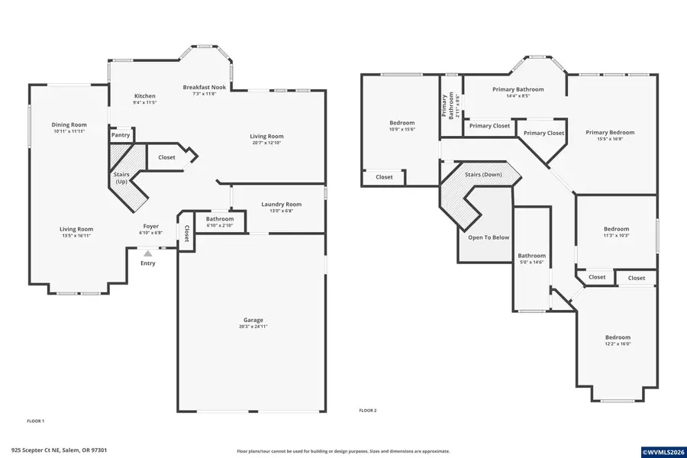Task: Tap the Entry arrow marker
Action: coord(147,253)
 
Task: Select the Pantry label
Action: coord(121,135)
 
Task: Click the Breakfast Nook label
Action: coord(204,88)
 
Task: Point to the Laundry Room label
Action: coord(281,204)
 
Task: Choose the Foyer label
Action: coord(150,227)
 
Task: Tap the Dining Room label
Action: coord(69,124)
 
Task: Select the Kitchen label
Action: coord(144,96)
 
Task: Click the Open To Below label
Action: coord(488,237)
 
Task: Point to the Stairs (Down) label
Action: coord(483,175)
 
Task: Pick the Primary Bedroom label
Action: coord(609,132)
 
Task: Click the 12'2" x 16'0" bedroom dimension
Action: coord(618,343)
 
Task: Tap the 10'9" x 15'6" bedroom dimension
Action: coord(402,129)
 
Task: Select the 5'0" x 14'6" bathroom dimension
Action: coord(532,262)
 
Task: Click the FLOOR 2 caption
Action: coord(368,411)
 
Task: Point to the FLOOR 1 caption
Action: coord(36,421)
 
